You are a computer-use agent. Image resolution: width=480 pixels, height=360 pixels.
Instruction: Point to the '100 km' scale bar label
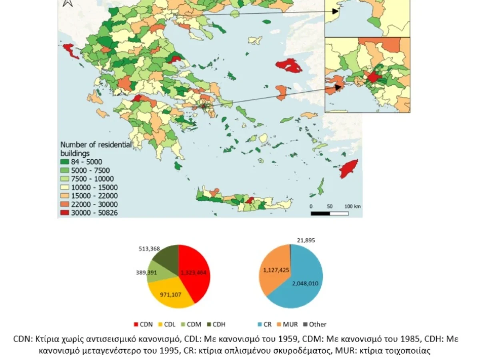click(352, 206)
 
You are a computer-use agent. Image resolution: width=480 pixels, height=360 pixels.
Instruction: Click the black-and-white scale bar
click(329, 213)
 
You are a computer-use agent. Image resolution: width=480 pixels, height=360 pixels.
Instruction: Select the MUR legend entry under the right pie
click(285, 324)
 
